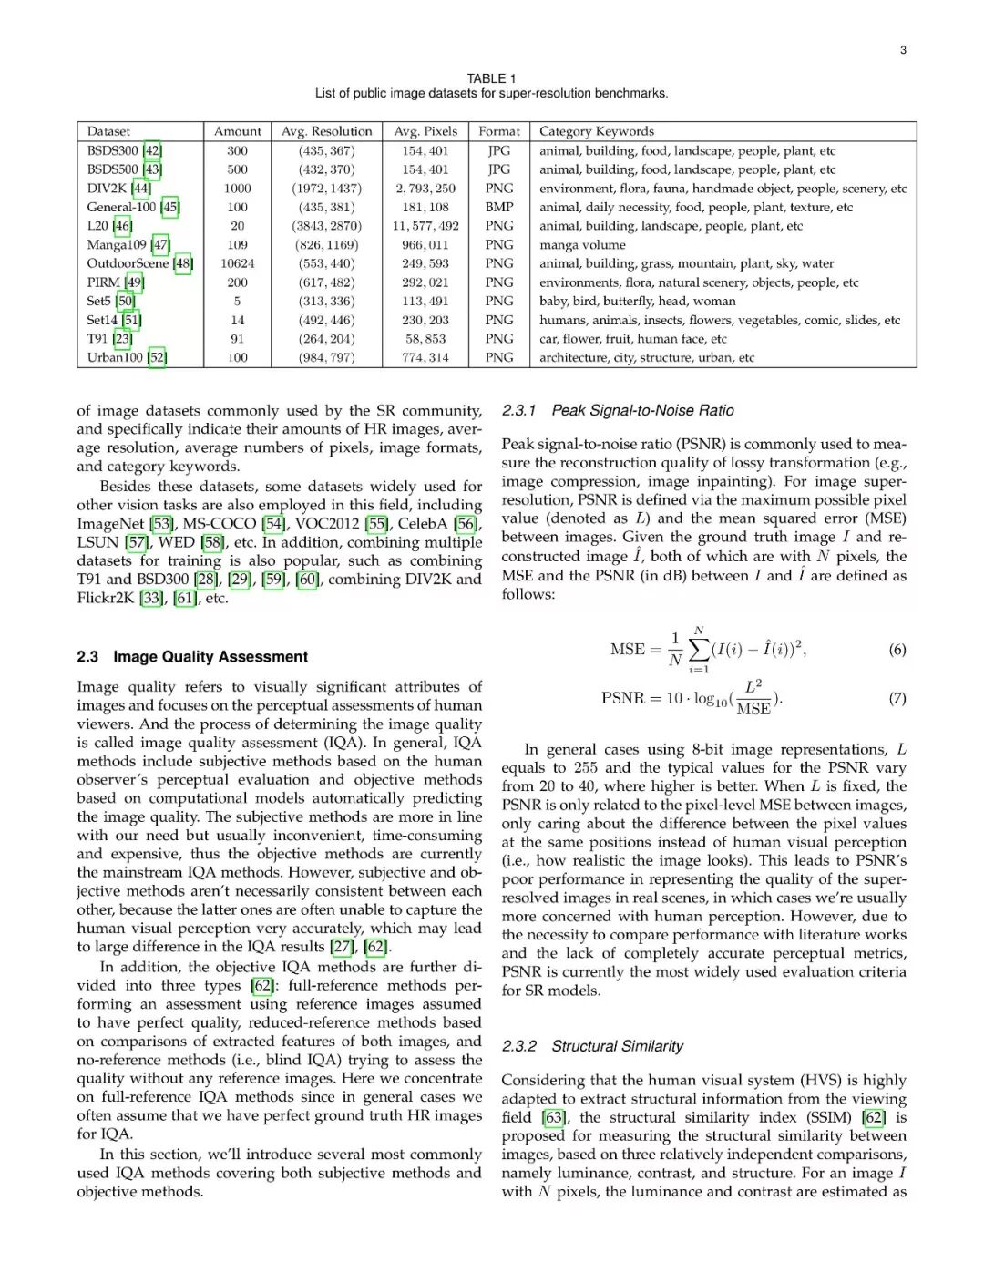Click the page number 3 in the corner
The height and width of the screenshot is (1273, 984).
tap(903, 50)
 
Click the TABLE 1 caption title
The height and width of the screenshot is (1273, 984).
tap(491, 78)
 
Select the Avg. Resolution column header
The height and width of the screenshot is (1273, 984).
tap(326, 131)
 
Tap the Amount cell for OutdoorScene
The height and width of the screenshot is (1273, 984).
tap(238, 263)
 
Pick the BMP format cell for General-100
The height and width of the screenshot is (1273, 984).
tap(499, 207)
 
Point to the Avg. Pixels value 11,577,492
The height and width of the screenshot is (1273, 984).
tap(425, 226)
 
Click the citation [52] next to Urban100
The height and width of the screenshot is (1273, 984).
tap(157, 357)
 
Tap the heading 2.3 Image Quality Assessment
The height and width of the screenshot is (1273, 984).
tap(192, 657)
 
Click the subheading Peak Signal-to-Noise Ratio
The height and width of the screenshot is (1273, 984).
tap(642, 411)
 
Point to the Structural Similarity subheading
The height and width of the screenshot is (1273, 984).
tap(617, 1046)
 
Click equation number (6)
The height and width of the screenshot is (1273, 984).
tap(897, 650)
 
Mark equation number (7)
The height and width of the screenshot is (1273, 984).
tap(897, 698)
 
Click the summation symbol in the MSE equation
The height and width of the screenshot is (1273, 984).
tap(699, 649)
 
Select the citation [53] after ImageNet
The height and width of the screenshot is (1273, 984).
tap(161, 523)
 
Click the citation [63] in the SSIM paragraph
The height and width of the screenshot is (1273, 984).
tap(553, 1117)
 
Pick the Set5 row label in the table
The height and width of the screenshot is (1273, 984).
tap(98, 301)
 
